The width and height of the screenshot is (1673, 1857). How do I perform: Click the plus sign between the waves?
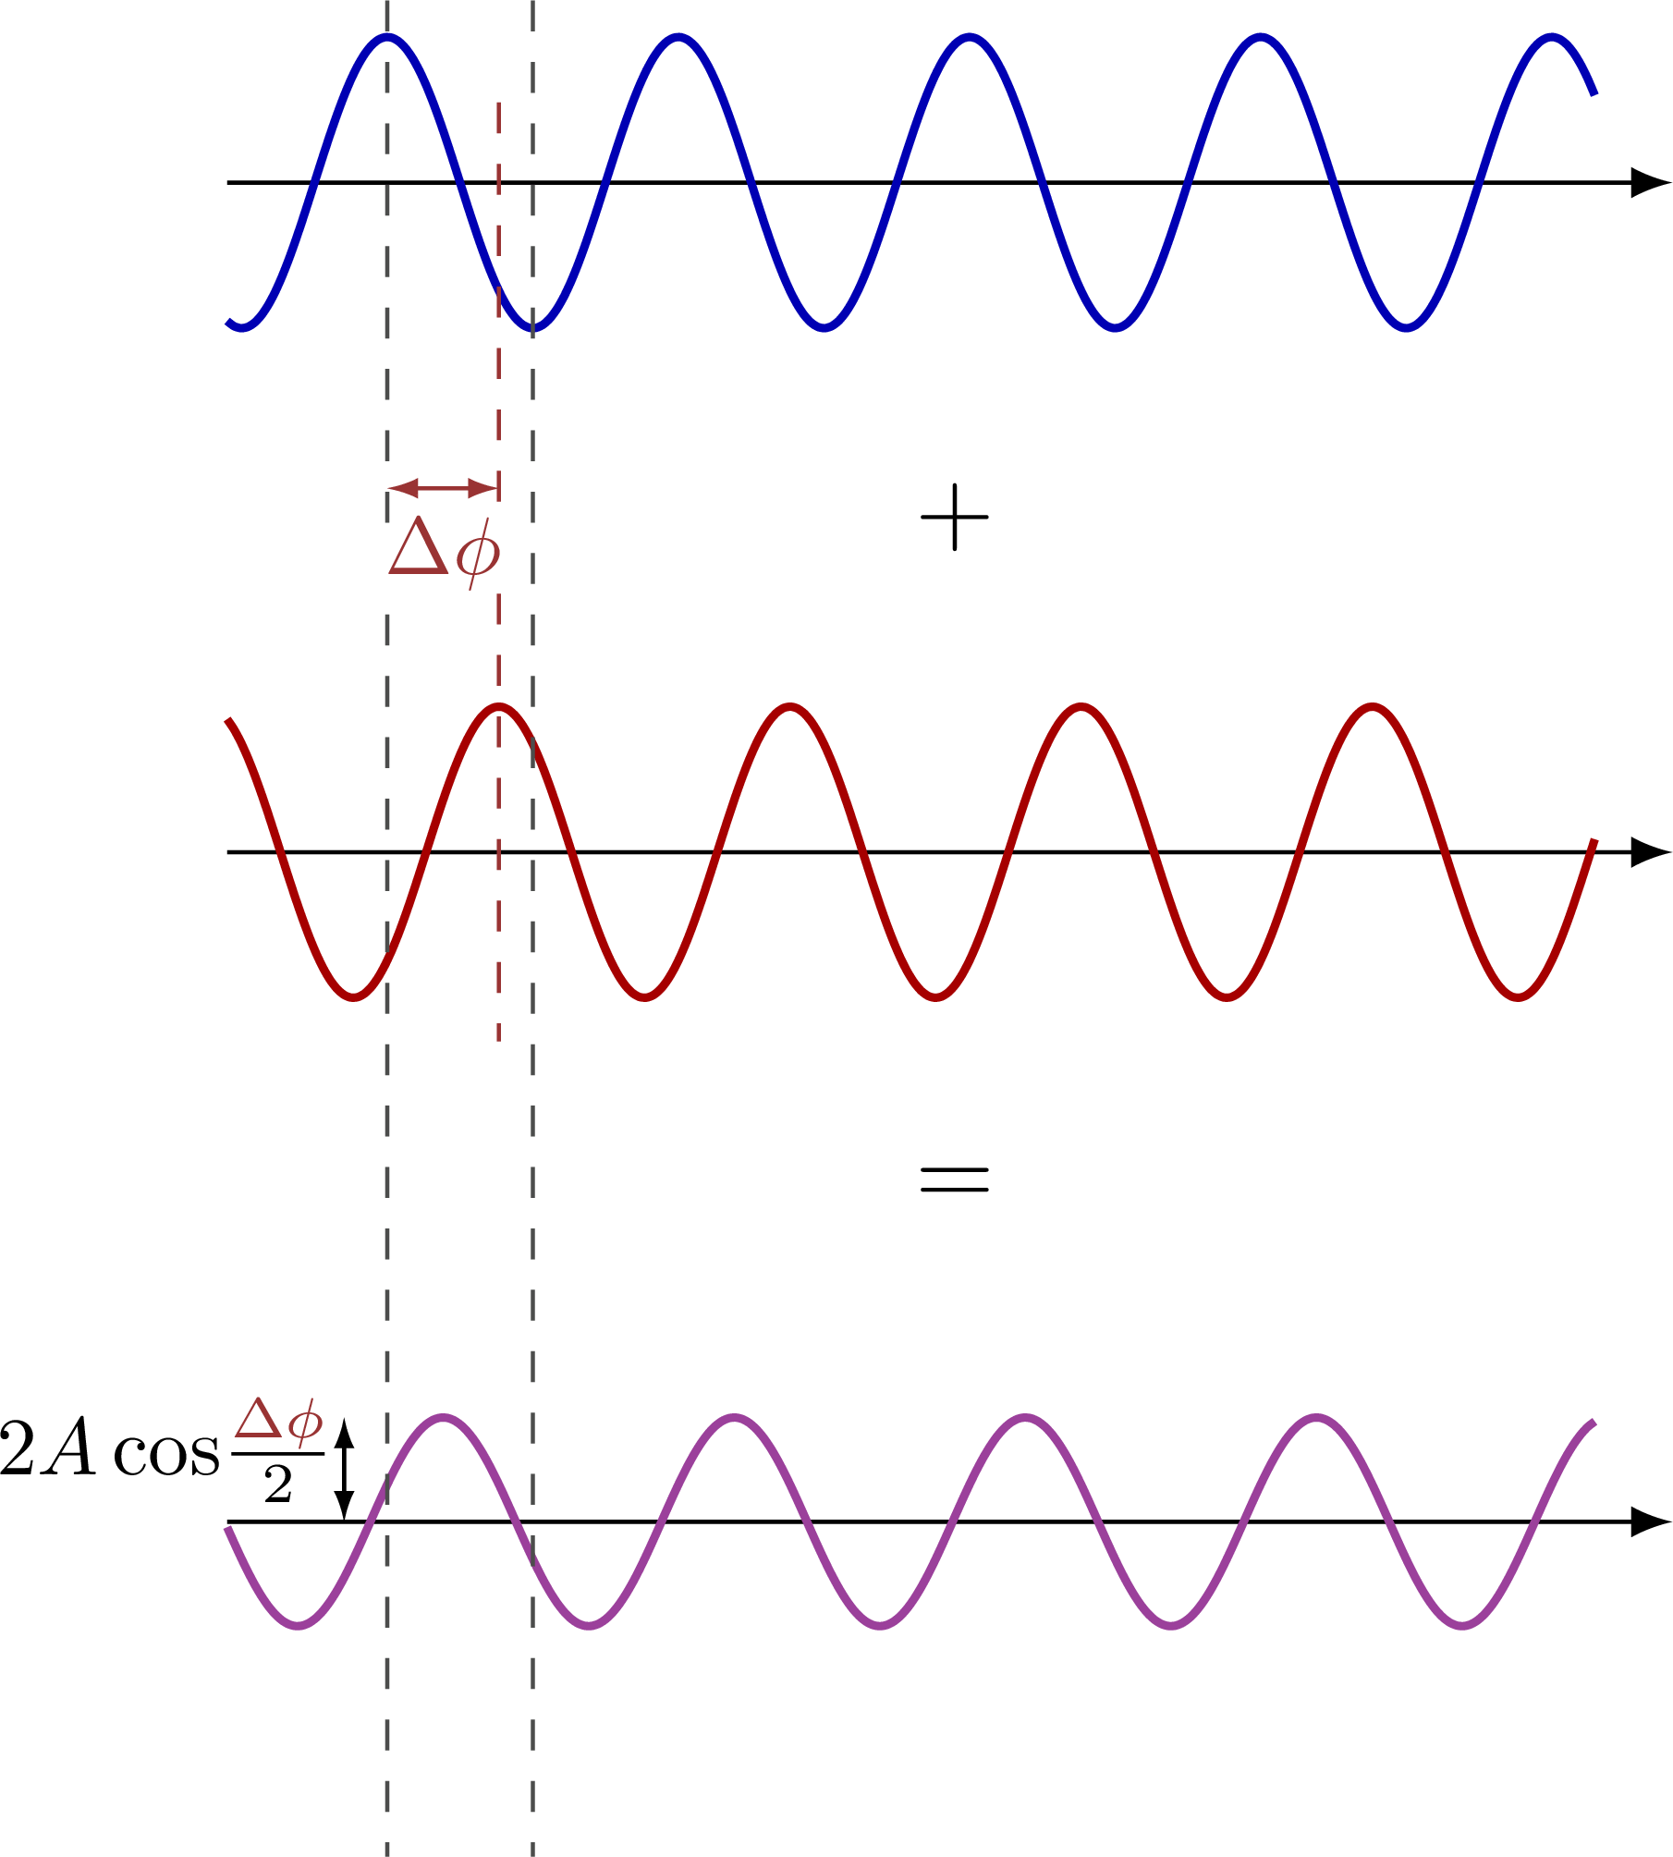click(x=955, y=518)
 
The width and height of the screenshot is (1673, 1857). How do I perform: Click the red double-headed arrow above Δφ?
click(x=443, y=487)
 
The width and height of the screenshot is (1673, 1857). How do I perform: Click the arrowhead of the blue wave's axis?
click(x=1650, y=182)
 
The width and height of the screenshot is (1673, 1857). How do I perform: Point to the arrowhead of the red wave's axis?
click(x=1650, y=851)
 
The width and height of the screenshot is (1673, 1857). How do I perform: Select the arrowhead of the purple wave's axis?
click(x=1650, y=1521)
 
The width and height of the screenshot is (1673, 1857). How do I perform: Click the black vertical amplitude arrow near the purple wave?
click(x=344, y=1470)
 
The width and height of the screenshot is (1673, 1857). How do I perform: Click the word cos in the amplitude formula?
click(x=166, y=1454)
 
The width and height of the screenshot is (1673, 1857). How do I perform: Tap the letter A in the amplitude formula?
click(x=72, y=1449)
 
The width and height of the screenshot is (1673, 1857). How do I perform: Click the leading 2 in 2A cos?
click(x=17, y=1449)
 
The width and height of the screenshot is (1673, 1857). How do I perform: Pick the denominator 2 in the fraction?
click(x=277, y=1485)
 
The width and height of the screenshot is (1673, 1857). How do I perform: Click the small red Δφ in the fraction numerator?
click(x=278, y=1421)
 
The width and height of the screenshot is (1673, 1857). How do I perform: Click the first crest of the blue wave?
click(x=387, y=37)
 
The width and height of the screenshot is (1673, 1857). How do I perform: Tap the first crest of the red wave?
click(x=498, y=706)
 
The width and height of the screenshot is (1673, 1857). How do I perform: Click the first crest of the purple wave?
click(x=444, y=1417)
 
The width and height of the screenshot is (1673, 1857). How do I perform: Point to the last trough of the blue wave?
click(x=1406, y=327)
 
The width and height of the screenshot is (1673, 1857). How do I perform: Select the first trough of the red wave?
click(x=354, y=996)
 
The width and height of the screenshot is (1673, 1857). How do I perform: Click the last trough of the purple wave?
click(x=1463, y=1624)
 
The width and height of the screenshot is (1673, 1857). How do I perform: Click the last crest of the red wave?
click(x=1373, y=706)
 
